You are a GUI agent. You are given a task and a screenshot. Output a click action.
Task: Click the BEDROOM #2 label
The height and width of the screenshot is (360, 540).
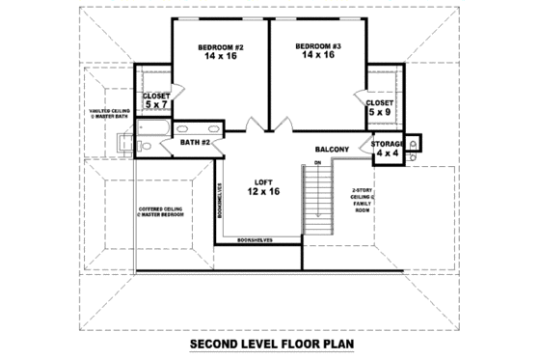pos(221,46)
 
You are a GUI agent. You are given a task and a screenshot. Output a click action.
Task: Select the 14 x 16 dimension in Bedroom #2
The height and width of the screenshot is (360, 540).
pos(221,56)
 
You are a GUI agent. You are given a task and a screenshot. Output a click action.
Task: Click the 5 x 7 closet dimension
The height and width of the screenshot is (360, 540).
pos(156,106)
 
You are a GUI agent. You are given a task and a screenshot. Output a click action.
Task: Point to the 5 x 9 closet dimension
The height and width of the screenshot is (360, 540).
pos(379,112)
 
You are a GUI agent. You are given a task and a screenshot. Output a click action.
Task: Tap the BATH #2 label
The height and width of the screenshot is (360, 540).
pos(196,143)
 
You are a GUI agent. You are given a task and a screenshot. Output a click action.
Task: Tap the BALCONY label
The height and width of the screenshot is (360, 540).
pos(332,149)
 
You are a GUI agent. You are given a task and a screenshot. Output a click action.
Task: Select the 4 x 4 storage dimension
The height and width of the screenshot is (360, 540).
pos(388,153)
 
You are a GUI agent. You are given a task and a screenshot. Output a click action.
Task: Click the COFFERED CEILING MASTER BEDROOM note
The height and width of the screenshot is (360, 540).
pos(161,210)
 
